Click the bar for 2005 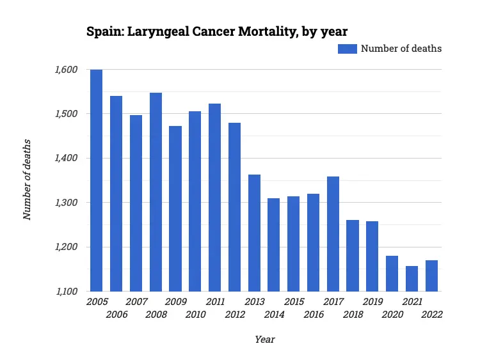[x=97, y=180]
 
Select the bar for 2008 [x=156, y=192]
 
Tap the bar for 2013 [x=254, y=233]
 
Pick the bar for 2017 [x=333, y=233]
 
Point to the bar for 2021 [x=412, y=278]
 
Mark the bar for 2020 [x=392, y=273]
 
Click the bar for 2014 [x=274, y=244]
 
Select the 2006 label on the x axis [x=116, y=315]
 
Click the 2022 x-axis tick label [x=431, y=315]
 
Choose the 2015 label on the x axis [x=294, y=301]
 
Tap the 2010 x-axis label [x=195, y=315]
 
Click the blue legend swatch [x=347, y=49]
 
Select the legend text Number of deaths [x=401, y=49]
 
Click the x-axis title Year [x=264, y=340]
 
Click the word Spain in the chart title [x=102, y=31]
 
